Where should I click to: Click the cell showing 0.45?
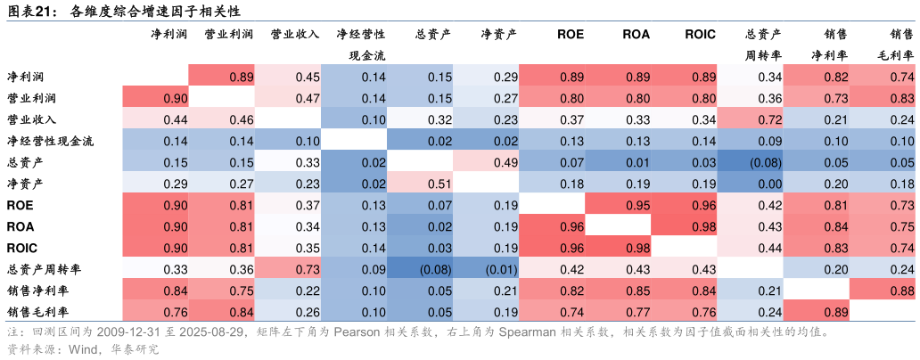(288, 77)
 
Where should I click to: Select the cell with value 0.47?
(288, 98)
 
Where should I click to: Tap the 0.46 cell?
(222, 119)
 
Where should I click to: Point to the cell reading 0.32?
(420, 119)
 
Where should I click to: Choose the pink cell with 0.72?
(751, 119)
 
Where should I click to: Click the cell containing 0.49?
(486, 161)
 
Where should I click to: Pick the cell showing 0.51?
(420, 183)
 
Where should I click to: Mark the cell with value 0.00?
(751, 183)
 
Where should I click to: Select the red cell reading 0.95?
(619, 204)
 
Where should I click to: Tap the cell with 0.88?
(883, 290)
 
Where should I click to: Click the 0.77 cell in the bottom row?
(619, 311)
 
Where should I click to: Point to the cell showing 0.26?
(288, 311)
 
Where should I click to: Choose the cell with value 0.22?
(288, 290)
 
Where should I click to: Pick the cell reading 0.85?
(619, 290)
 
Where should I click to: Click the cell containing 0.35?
(288, 247)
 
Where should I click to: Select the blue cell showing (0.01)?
(486, 268)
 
